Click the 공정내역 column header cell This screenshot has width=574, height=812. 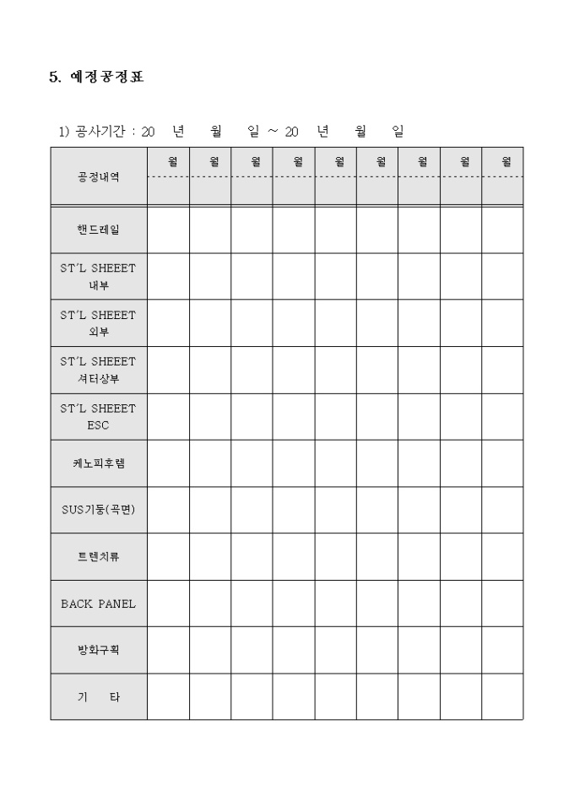(98, 177)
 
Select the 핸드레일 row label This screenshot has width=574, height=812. (98, 230)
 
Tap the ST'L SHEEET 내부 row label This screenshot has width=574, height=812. (98, 276)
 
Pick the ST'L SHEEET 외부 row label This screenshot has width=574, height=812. (98, 322)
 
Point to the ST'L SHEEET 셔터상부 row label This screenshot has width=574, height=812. (98, 370)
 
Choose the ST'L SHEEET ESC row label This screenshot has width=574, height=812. (98, 416)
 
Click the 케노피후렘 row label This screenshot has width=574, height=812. (98, 463)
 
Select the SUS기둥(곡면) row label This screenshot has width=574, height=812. (98, 510)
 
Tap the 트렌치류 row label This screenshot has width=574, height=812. (98, 557)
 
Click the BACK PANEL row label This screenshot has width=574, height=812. (98, 604)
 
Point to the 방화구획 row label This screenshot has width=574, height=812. (98, 651)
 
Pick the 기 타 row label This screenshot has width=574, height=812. (98, 697)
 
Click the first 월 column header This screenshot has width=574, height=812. (172, 161)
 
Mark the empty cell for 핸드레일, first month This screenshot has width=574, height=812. (168, 230)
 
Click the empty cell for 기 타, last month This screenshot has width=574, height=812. (502, 697)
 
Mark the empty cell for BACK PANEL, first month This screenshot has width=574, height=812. (168, 604)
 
